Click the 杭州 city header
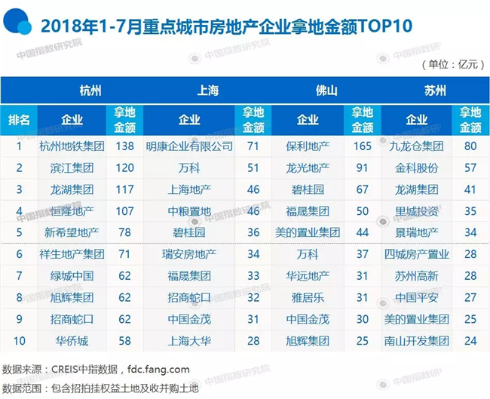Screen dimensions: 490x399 (90, 91)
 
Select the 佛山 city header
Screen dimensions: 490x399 (326, 91)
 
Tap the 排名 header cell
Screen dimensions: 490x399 (19, 120)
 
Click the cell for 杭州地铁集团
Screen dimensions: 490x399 (72, 146)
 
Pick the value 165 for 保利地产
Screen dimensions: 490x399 (362, 146)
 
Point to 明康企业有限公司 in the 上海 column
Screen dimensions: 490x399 (189, 146)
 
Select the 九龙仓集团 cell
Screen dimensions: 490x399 (416, 146)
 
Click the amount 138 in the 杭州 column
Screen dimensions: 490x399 (124, 146)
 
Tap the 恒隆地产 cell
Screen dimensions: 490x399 (72, 211)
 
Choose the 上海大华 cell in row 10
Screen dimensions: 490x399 (189, 341)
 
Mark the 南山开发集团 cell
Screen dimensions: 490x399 (416, 341)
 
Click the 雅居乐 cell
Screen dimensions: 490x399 (308, 297)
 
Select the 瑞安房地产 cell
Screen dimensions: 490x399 (189, 254)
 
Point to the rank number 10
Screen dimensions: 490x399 (19, 341)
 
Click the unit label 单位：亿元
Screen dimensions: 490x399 (453, 64)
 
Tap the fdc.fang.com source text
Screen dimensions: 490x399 (158, 370)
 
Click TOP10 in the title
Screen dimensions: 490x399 (386, 26)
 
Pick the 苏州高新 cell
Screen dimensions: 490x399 (416, 276)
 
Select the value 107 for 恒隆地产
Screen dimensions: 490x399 (124, 211)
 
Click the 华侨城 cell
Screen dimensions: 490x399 (72, 341)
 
